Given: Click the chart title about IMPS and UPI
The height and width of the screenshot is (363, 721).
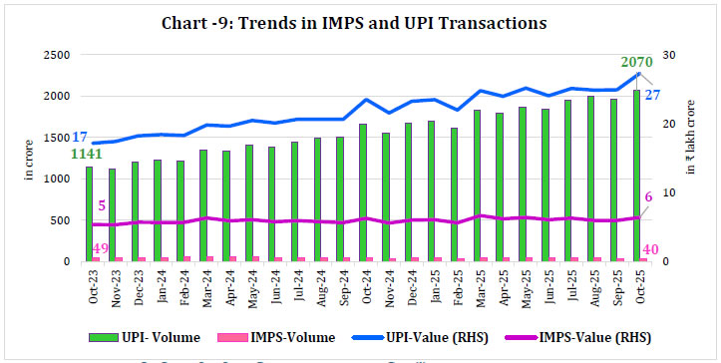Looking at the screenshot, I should pyautogui.click(x=360, y=22).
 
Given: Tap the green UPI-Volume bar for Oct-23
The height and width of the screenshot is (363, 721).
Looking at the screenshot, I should pyautogui.click(x=90, y=214).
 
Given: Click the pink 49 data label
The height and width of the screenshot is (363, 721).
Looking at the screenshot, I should pyautogui.click(x=100, y=248).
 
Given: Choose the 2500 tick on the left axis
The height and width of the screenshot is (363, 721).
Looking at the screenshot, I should pyautogui.click(x=56, y=55).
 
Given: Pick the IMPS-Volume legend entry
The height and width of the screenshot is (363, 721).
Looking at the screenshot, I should pyautogui.click(x=280, y=337).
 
